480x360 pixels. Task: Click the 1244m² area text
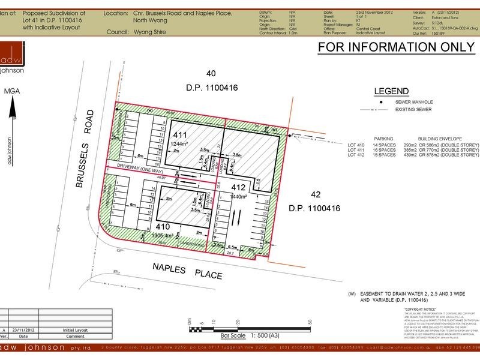tap(181, 145)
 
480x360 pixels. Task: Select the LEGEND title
tap(391, 91)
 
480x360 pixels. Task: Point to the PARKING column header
tap(383, 137)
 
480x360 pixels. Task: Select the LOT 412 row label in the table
tap(356, 155)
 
